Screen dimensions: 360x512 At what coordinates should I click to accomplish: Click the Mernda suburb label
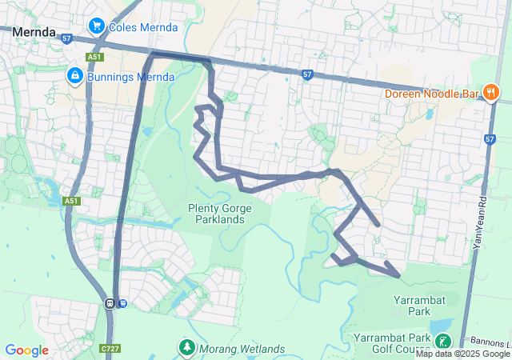tap(34, 33)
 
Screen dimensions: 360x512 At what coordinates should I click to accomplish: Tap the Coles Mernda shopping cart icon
tap(96, 26)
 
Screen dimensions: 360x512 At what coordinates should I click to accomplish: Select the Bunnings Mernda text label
tap(131, 77)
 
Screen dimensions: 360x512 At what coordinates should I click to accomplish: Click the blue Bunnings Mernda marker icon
tap(74, 75)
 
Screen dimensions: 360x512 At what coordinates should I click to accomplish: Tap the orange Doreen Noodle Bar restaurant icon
tap(491, 93)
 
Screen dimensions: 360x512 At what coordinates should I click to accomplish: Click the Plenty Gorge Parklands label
tap(220, 214)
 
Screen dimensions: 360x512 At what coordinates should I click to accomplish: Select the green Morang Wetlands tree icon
tap(186, 348)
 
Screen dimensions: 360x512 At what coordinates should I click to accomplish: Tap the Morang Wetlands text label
tap(241, 349)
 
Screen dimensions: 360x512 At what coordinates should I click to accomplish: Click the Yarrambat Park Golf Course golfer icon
tap(442, 342)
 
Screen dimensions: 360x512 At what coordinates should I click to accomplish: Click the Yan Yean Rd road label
tap(481, 222)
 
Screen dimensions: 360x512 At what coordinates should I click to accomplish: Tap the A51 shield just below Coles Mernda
tap(95, 57)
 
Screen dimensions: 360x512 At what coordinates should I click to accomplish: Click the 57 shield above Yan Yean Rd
tap(490, 139)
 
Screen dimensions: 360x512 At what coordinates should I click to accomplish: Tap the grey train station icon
tap(110, 302)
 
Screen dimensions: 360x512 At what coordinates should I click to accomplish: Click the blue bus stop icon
tap(122, 302)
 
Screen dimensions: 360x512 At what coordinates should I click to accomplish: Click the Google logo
tap(26, 350)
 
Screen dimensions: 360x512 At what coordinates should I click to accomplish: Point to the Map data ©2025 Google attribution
tap(462, 354)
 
